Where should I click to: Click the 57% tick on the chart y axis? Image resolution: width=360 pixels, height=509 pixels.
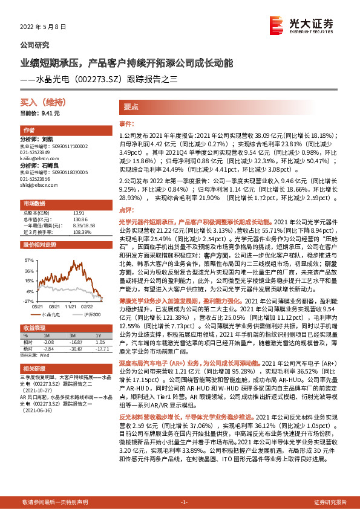tap(28, 259)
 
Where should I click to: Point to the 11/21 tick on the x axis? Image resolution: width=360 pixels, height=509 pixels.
tap(72, 306)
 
